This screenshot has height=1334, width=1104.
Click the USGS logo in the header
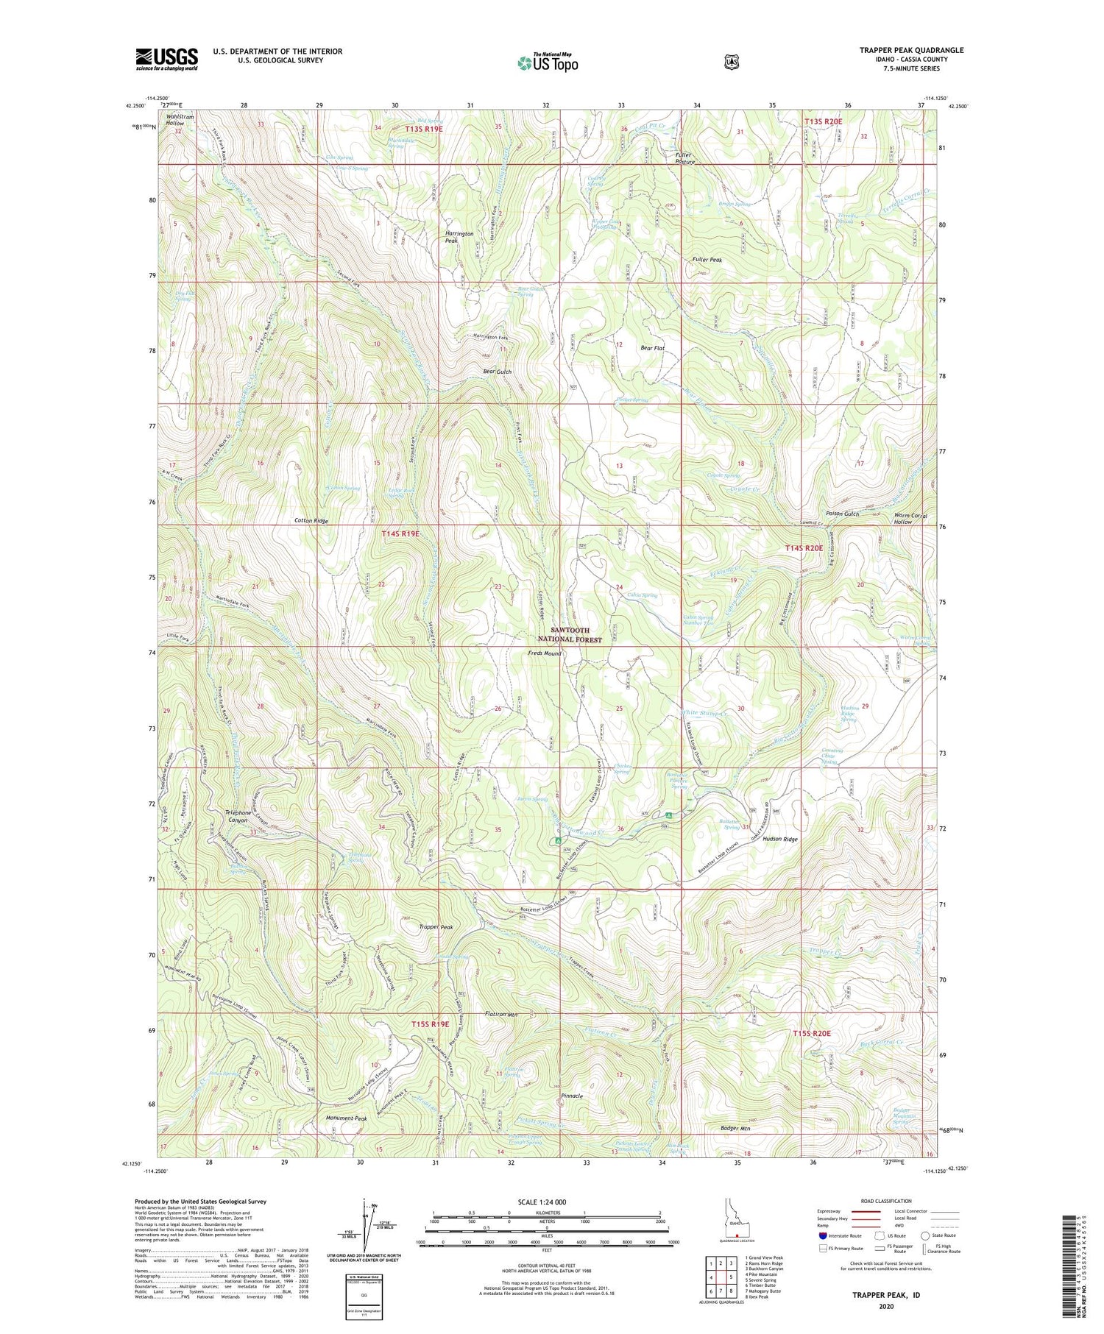pyautogui.click(x=167, y=59)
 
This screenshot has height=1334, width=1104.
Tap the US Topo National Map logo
pyautogui.click(x=548, y=63)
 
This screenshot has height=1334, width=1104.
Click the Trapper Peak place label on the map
pyautogui.click(x=436, y=927)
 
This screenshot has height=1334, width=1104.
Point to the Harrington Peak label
pyautogui.click(x=459, y=237)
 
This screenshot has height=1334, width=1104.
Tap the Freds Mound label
pyautogui.click(x=545, y=653)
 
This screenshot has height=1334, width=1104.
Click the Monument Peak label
pyautogui.click(x=347, y=1118)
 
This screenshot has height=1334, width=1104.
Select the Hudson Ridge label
pyautogui.click(x=780, y=839)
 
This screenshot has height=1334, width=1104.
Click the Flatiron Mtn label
pyautogui.click(x=502, y=1015)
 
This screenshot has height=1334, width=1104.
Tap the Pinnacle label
pyautogui.click(x=572, y=1096)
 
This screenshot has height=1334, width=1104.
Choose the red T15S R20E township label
pyautogui.click(x=812, y=1033)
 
